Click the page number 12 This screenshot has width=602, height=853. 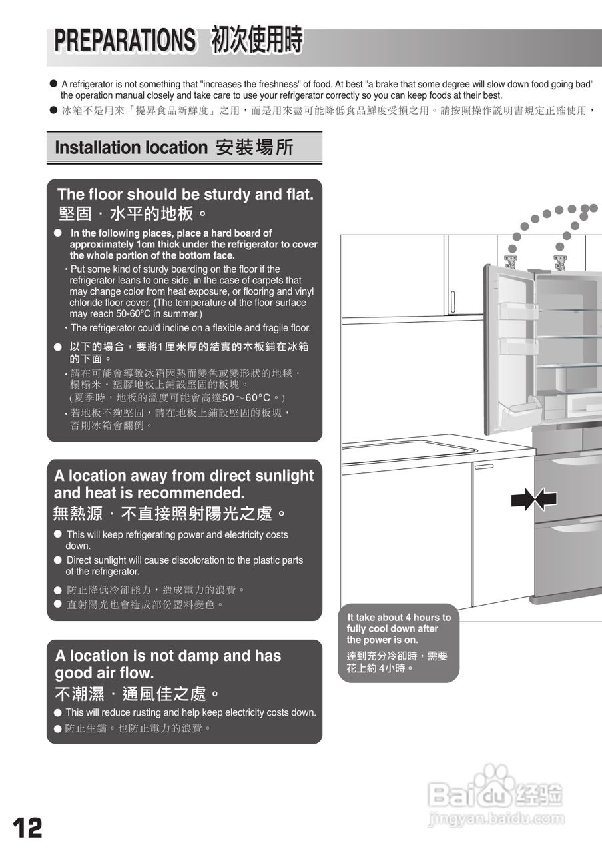tap(27, 828)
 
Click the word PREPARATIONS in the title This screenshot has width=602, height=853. tap(125, 41)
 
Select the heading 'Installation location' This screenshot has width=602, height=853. tap(131, 147)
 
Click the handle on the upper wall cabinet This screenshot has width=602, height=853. tap(452, 302)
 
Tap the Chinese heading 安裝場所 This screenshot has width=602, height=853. tap(254, 147)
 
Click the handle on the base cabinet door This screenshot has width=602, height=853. tap(484, 466)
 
